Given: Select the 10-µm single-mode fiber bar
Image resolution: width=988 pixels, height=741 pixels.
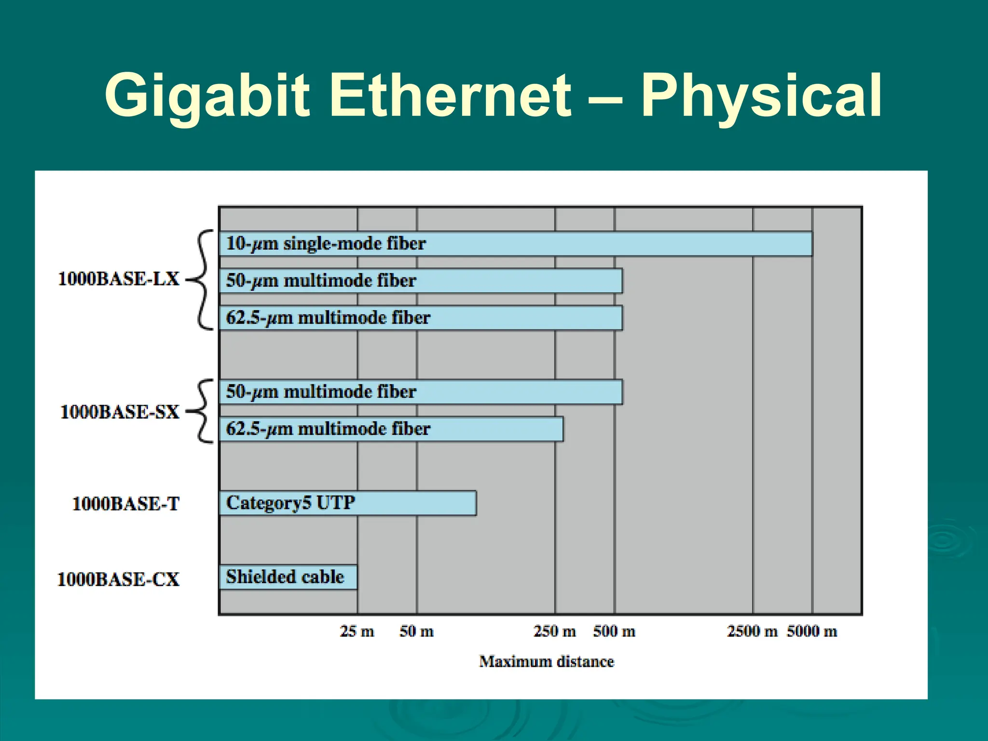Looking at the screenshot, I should click(x=515, y=244).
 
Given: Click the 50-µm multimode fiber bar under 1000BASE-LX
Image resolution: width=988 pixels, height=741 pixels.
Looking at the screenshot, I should click(x=420, y=281).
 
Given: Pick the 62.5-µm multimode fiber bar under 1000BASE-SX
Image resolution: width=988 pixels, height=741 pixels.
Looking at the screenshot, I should click(x=391, y=429).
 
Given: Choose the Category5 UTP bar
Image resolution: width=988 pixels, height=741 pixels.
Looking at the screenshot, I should click(x=347, y=503).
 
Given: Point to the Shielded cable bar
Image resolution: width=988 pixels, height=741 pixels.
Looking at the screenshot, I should click(x=288, y=577).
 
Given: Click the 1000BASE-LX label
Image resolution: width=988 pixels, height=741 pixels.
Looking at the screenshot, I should click(x=118, y=279).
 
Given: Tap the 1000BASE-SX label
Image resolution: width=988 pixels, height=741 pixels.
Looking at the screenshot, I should click(x=119, y=412).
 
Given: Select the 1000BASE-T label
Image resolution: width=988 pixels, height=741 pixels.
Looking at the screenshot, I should click(x=125, y=504).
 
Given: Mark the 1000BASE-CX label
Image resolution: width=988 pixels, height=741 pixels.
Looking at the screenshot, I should click(x=118, y=579).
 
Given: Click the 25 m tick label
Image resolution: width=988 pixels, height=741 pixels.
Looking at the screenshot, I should click(x=357, y=631).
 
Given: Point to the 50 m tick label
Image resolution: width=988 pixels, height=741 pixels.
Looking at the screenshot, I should click(x=416, y=631).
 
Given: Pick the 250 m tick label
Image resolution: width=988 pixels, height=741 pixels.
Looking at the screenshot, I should click(x=554, y=631).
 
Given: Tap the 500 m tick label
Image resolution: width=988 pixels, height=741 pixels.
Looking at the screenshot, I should click(x=614, y=631).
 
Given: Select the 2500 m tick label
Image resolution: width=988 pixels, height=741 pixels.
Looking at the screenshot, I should click(x=752, y=631).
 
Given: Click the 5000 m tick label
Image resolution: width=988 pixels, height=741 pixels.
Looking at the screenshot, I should click(x=812, y=631).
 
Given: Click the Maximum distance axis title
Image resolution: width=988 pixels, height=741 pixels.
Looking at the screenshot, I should click(x=546, y=661).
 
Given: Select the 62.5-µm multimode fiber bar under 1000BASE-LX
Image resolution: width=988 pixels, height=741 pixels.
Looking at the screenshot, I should click(x=420, y=318).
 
